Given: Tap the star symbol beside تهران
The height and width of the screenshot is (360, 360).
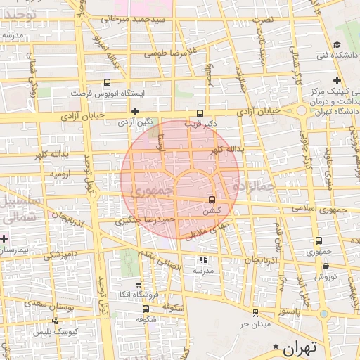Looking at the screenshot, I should pyautogui.click(x=276, y=347).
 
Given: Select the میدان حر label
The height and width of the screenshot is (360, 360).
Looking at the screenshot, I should pyautogui.click(x=254, y=325).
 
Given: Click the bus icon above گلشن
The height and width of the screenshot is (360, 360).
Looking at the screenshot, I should pyautogui.click(x=212, y=199).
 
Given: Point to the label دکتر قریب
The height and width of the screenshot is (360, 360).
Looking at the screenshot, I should pyautogui.click(x=201, y=123).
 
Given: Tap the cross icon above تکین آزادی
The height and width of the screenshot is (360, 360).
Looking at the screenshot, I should pyautogui.click(x=136, y=111).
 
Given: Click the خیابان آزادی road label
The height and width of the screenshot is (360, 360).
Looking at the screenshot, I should pyautogui.click(x=257, y=111).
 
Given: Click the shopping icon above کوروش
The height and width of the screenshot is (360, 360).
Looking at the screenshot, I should pyautogui.click(x=326, y=266).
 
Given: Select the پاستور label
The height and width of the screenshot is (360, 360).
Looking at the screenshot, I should pyautogui.click(x=291, y=310).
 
